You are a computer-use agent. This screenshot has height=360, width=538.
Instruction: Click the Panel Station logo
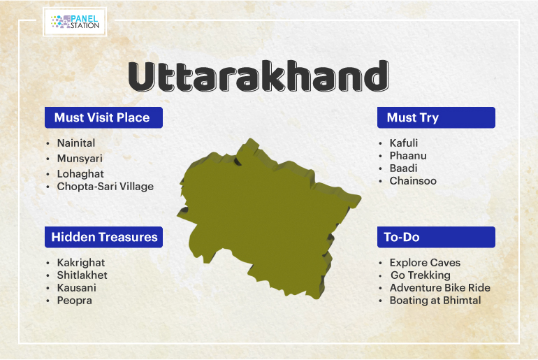(75, 22)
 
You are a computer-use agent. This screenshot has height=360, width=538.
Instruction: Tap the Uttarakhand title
(259, 76)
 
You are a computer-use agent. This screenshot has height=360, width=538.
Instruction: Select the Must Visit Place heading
(103, 117)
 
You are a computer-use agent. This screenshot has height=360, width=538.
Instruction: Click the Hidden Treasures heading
(103, 237)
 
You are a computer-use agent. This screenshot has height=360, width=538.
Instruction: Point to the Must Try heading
(436, 117)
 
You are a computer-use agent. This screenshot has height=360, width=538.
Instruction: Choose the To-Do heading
(436, 237)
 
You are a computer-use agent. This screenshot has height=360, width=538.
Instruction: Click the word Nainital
(76, 143)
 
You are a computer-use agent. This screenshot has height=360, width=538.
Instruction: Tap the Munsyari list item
(80, 159)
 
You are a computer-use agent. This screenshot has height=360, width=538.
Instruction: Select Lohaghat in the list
(80, 174)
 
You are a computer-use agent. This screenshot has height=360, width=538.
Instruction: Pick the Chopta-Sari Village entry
(106, 187)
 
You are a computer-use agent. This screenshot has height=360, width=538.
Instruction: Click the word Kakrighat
(81, 263)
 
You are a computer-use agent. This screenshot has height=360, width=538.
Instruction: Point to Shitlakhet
(82, 275)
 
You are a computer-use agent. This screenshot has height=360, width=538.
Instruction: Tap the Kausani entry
(77, 288)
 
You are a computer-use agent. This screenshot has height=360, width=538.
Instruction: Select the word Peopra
(75, 301)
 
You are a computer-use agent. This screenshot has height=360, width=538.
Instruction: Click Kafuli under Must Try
(404, 143)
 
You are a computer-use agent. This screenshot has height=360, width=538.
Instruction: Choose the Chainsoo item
(413, 181)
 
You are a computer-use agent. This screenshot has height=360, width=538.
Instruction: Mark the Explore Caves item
(425, 263)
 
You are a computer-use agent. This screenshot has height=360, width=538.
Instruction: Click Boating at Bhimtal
(435, 301)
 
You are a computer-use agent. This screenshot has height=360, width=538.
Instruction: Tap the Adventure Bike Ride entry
(440, 288)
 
